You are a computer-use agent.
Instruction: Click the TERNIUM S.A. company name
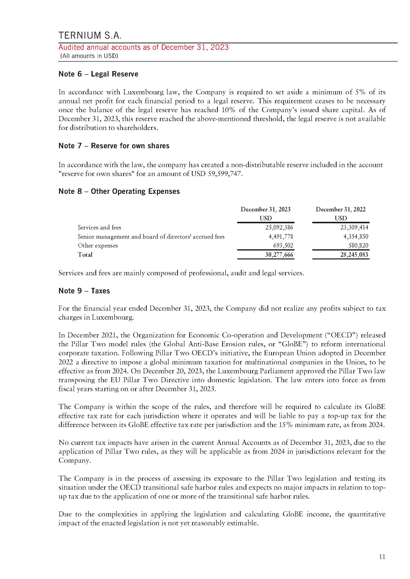(x=90, y=35)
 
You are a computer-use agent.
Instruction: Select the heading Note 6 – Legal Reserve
(x=98, y=74)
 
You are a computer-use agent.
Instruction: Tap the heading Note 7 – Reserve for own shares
(x=114, y=146)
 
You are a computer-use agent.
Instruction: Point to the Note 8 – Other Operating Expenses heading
(x=119, y=191)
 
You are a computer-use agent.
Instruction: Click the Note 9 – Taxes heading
(x=84, y=291)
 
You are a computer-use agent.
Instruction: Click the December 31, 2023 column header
(x=265, y=209)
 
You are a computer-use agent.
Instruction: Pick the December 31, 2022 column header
(x=341, y=209)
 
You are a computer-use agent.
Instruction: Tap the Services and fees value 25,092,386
(x=279, y=227)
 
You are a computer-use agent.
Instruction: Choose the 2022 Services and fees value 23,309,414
(x=354, y=227)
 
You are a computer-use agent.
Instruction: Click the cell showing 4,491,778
(x=281, y=237)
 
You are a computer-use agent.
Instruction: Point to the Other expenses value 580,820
(x=358, y=245)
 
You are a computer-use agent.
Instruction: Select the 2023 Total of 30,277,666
(x=279, y=255)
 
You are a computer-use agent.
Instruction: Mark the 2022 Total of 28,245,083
(x=354, y=255)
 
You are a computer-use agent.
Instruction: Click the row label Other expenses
(x=98, y=246)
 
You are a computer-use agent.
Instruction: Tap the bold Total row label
(x=85, y=255)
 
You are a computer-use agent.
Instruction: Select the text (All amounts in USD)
(x=89, y=56)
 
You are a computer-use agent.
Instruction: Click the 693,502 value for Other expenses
(x=283, y=245)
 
